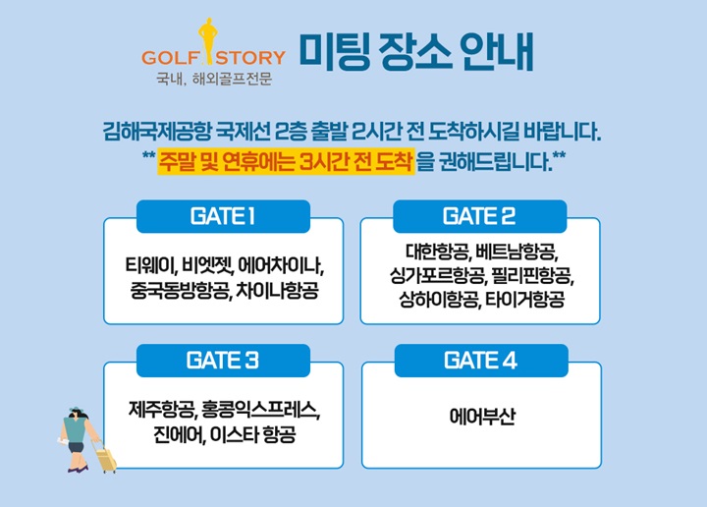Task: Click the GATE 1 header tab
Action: click(223, 216)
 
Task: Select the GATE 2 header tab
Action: click(480, 216)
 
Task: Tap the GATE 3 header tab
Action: click(223, 361)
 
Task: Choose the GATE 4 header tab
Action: click(481, 361)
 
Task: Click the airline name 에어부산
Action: click(482, 417)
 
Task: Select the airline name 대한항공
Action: click(437, 252)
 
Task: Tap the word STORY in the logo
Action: click(250, 58)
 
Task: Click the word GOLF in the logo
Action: click(170, 58)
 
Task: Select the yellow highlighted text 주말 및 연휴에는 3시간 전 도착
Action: click(286, 161)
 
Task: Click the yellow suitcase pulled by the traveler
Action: click(106, 458)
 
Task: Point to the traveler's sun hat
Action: click(78, 411)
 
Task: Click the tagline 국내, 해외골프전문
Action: click(214, 79)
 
